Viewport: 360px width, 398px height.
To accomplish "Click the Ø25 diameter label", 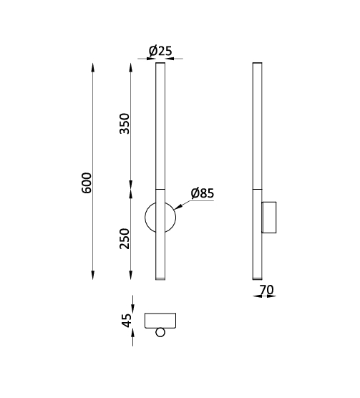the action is (x=160, y=51).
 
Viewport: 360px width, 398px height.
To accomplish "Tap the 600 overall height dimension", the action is (x=87, y=183).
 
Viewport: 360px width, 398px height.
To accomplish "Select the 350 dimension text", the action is (x=125, y=123).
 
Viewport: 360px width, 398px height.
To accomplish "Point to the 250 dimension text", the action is (x=125, y=238).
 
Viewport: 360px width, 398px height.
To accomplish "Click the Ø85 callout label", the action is (x=203, y=193).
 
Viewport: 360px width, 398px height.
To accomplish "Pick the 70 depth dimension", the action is (x=267, y=290).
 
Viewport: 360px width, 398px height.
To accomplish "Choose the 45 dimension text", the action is (x=127, y=320).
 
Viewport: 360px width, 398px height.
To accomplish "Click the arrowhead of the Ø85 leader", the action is (x=177, y=207).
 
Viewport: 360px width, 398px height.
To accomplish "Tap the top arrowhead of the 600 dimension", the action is (x=93, y=68).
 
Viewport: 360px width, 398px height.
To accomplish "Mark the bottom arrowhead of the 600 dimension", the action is (x=93, y=275).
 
